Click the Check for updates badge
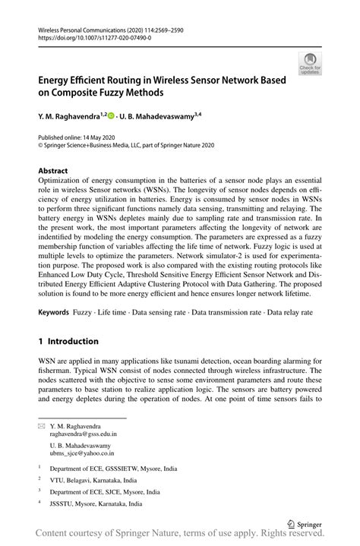(309, 64)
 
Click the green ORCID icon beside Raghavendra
(111, 115)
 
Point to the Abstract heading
(52, 171)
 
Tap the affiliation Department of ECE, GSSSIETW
(104, 469)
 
